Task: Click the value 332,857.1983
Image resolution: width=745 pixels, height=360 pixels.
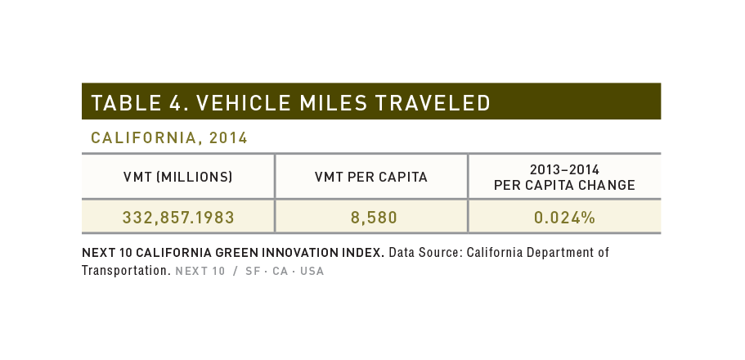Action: click(x=178, y=218)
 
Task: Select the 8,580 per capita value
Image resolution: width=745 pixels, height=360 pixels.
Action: click(x=374, y=218)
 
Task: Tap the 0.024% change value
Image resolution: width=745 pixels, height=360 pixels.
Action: click(x=564, y=218)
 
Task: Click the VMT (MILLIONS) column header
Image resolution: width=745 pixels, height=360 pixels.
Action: click(x=178, y=178)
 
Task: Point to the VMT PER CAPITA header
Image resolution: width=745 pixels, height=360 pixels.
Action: click(x=371, y=178)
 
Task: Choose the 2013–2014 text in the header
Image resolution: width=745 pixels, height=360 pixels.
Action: click(x=564, y=170)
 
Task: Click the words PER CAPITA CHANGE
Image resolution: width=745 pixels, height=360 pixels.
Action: click(x=564, y=186)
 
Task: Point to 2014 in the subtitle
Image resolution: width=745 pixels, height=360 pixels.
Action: click(x=228, y=138)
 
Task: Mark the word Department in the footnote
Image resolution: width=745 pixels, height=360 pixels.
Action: click(x=560, y=253)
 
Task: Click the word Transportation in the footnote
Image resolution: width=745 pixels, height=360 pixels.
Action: click(x=126, y=271)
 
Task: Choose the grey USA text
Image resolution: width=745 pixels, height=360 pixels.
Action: click(x=312, y=271)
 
